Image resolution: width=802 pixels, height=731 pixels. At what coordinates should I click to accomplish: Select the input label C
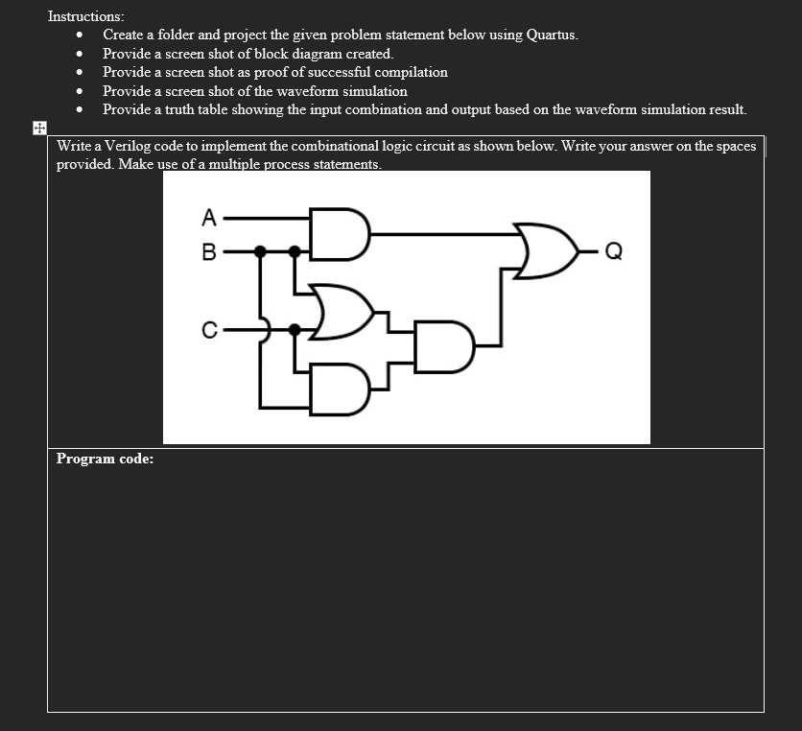pyautogui.click(x=208, y=330)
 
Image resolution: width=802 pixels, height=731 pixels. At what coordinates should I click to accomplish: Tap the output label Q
pyautogui.click(x=615, y=253)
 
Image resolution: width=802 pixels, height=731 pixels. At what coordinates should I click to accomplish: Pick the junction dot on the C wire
pyautogui.click(x=295, y=330)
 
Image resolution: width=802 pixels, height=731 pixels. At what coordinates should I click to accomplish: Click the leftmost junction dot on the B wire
pyautogui.click(x=260, y=252)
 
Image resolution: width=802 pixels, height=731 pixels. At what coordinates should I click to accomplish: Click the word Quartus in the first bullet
pyautogui.click(x=552, y=35)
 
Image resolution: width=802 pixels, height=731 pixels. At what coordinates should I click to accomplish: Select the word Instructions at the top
pyautogui.click(x=85, y=16)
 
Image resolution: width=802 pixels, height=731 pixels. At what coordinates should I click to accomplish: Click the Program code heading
pyautogui.click(x=105, y=459)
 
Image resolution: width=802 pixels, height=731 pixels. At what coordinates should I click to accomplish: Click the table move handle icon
pyautogui.click(x=38, y=128)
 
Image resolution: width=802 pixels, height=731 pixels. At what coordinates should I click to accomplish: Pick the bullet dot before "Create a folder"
pyautogui.click(x=80, y=35)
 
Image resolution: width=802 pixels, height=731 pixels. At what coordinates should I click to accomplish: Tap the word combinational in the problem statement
pyautogui.click(x=332, y=147)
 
